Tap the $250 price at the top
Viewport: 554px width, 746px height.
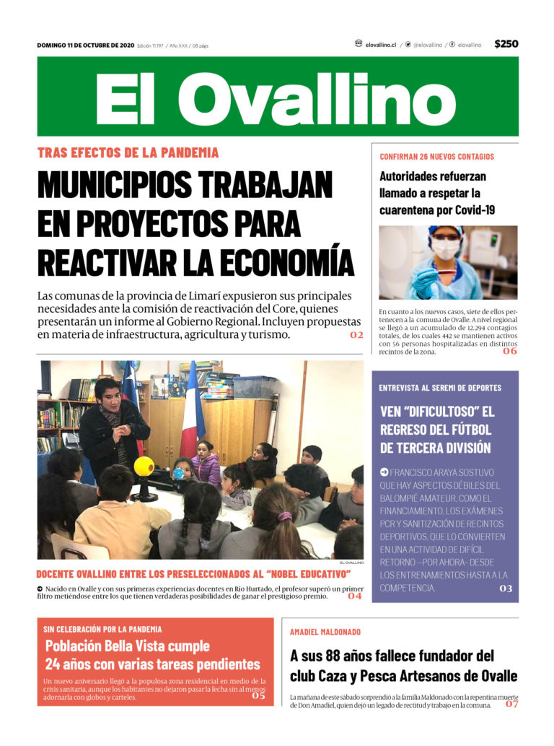click(506, 44)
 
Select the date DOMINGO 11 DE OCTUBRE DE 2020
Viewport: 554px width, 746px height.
click(85, 45)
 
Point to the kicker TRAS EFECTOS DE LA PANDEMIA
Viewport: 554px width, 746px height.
click(128, 153)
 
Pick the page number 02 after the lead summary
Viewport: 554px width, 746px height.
click(356, 335)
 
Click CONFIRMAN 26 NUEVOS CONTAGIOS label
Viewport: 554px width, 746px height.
click(436, 157)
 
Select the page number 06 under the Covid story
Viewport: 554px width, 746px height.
click(510, 351)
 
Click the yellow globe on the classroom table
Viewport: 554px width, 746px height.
click(144, 467)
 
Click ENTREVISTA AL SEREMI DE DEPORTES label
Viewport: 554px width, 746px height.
click(440, 388)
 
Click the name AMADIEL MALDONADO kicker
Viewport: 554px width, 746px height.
click(325, 632)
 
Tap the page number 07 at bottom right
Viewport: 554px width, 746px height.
click(511, 703)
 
